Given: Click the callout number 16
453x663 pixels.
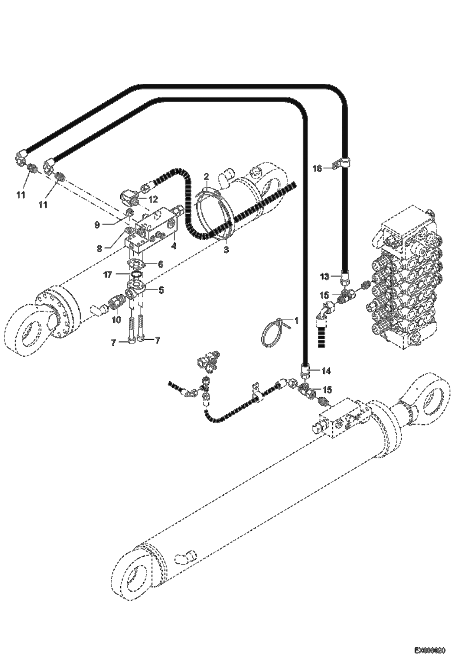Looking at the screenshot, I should tap(317, 169).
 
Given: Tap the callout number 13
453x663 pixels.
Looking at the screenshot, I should tap(324, 277).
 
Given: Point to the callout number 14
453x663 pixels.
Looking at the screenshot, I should tap(326, 371).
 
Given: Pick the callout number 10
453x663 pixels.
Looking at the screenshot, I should tap(116, 320).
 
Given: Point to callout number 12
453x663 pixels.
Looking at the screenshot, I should tap(153, 199).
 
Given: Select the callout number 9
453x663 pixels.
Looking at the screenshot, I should tap(97, 225).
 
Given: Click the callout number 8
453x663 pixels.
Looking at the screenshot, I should tap(99, 249).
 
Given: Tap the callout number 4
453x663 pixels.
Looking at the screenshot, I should tap(174, 246).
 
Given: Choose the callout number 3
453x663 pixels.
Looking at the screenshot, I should tap(226, 250).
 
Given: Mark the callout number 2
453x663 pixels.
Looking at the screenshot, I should tap(206, 176).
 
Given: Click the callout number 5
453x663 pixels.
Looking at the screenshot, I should tap(161, 290).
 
